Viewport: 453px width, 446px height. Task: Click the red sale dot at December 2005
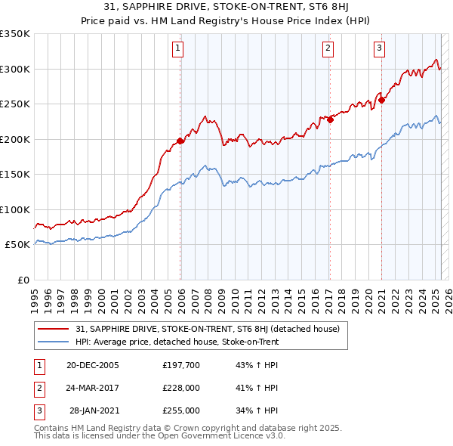point(180,141)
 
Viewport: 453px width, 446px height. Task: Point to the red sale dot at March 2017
point(330,119)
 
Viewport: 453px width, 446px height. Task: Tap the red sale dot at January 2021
point(381,100)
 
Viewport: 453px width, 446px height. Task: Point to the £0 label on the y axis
point(23,280)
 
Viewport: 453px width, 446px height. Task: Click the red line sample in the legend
point(53,329)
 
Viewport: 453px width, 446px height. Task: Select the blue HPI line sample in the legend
point(53,342)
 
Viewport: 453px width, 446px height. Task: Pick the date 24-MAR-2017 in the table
point(92,388)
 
